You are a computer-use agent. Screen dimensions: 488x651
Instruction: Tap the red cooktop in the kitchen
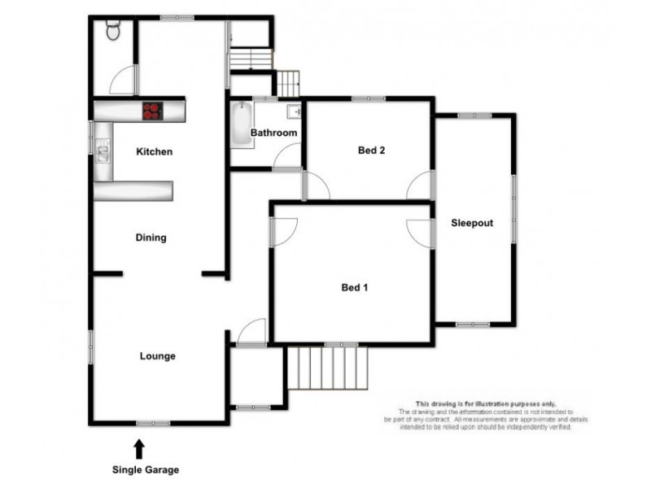(x=152, y=110)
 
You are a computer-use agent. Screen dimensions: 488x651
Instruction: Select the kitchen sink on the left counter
(x=103, y=150)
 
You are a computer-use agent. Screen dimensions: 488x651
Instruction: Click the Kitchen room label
(x=154, y=152)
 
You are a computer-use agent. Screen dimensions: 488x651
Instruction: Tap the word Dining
(x=151, y=238)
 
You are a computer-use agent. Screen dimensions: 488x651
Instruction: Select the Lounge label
(x=157, y=356)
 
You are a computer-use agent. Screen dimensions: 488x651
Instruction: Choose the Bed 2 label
(x=371, y=150)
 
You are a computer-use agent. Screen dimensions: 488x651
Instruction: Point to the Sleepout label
(x=472, y=223)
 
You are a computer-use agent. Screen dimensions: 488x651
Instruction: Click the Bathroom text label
(x=273, y=133)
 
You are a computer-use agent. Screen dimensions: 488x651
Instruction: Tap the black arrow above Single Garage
(x=139, y=447)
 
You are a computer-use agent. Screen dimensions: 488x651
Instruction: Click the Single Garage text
(x=145, y=470)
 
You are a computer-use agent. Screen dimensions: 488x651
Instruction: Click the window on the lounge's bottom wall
(x=153, y=422)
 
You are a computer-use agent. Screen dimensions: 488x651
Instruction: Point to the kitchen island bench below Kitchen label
(x=134, y=191)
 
